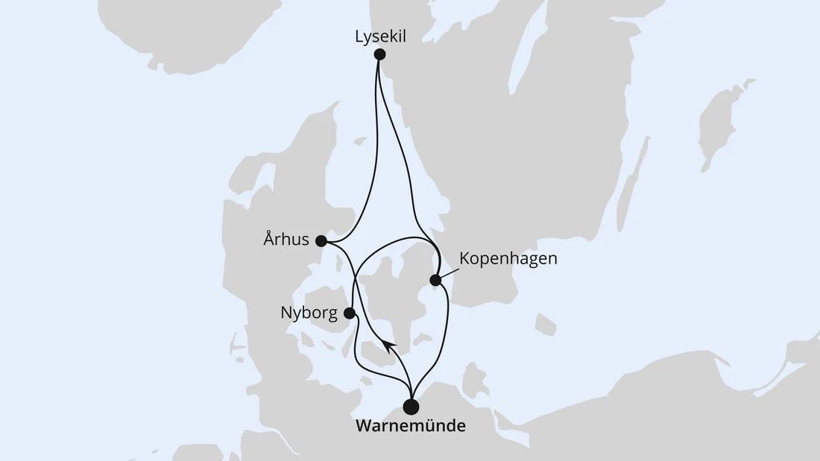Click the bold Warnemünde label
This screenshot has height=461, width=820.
[411, 427]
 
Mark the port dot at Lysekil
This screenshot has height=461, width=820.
[379, 54]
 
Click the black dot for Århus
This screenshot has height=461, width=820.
[321, 241]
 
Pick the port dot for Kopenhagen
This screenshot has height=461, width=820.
[435, 280]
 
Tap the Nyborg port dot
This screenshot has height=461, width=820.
[349, 313]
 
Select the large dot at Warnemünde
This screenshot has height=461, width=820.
[411, 407]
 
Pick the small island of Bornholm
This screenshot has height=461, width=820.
[546, 325]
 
